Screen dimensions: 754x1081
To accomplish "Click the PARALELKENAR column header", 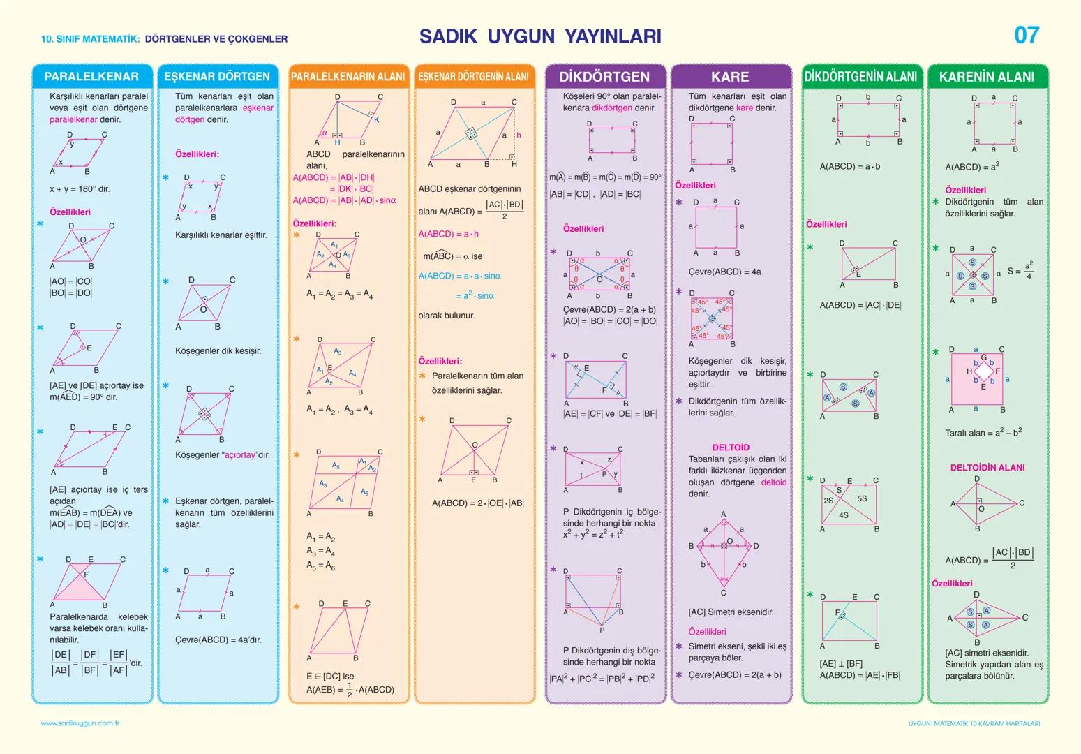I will tap(91, 77).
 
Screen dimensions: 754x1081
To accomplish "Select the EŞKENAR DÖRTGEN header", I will tap(217, 77).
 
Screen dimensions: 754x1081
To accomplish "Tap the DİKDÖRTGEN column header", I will tap(604, 77).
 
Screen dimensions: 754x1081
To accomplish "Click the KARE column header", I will tap(730, 77).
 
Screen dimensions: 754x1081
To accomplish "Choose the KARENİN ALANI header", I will tap(987, 77).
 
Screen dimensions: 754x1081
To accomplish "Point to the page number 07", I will tap(1027, 36).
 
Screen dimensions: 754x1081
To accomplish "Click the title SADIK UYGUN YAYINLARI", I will tap(540, 36).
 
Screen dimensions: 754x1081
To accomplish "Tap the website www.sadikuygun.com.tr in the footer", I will tap(80, 723).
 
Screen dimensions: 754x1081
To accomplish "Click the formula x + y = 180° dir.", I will tap(80, 189).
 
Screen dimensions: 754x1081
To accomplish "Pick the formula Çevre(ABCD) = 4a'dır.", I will tap(218, 640).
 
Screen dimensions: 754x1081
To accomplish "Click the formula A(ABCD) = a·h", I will tap(449, 234).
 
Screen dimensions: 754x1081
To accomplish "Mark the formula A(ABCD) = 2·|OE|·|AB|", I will tap(477, 503).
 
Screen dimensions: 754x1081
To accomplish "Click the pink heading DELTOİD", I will tap(731, 448).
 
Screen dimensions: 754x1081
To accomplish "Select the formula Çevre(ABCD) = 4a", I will tap(724, 272).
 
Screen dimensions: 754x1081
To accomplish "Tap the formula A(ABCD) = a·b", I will tap(849, 167).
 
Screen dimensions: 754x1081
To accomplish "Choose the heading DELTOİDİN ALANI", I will tap(987, 468).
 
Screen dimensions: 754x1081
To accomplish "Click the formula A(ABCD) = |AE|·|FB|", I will tap(860, 675).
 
